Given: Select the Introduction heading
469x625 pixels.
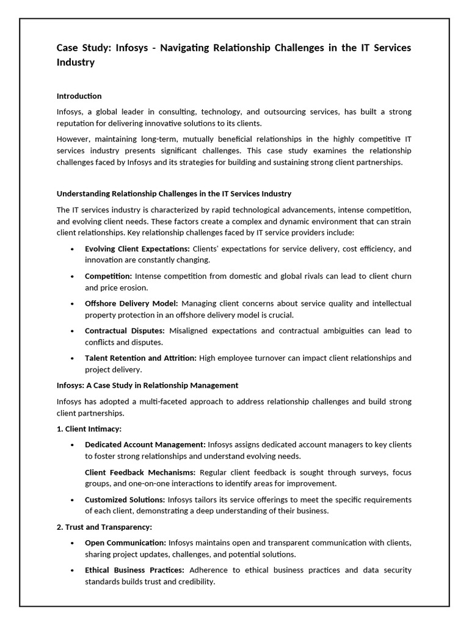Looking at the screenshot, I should [79, 96].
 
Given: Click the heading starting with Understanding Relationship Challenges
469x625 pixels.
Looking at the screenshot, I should [174, 193].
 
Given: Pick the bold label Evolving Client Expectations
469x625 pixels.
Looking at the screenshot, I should [137, 248].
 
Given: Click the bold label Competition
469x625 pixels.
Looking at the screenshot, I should [108, 276].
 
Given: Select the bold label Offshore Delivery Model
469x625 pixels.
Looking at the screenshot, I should [131, 303].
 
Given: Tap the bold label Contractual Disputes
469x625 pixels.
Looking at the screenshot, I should [125, 331].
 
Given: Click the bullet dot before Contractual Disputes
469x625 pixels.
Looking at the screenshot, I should [73, 331].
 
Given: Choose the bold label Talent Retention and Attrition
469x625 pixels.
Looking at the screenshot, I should [140, 358].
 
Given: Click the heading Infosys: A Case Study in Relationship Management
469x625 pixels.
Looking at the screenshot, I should [147, 385].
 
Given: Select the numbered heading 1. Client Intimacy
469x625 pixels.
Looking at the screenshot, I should [89, 428].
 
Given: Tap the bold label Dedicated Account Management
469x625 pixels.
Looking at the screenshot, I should [145, 444].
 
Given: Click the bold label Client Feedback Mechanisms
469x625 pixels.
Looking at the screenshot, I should [140, 472].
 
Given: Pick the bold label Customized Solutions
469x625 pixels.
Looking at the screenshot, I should [125, 500].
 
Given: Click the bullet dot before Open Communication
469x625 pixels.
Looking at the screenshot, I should [73, 543].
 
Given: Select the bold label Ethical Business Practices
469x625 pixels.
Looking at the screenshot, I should [134, 570].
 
